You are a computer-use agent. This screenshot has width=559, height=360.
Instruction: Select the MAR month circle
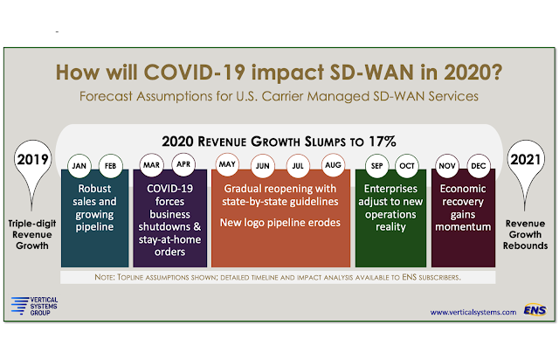click(x=151, y=164)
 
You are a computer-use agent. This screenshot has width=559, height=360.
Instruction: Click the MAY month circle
click(x=228, y=164)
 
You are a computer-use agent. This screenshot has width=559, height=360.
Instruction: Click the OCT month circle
click(x=407, y=164)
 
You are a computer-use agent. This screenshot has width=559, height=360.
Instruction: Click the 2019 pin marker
click(x=32, y=163)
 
